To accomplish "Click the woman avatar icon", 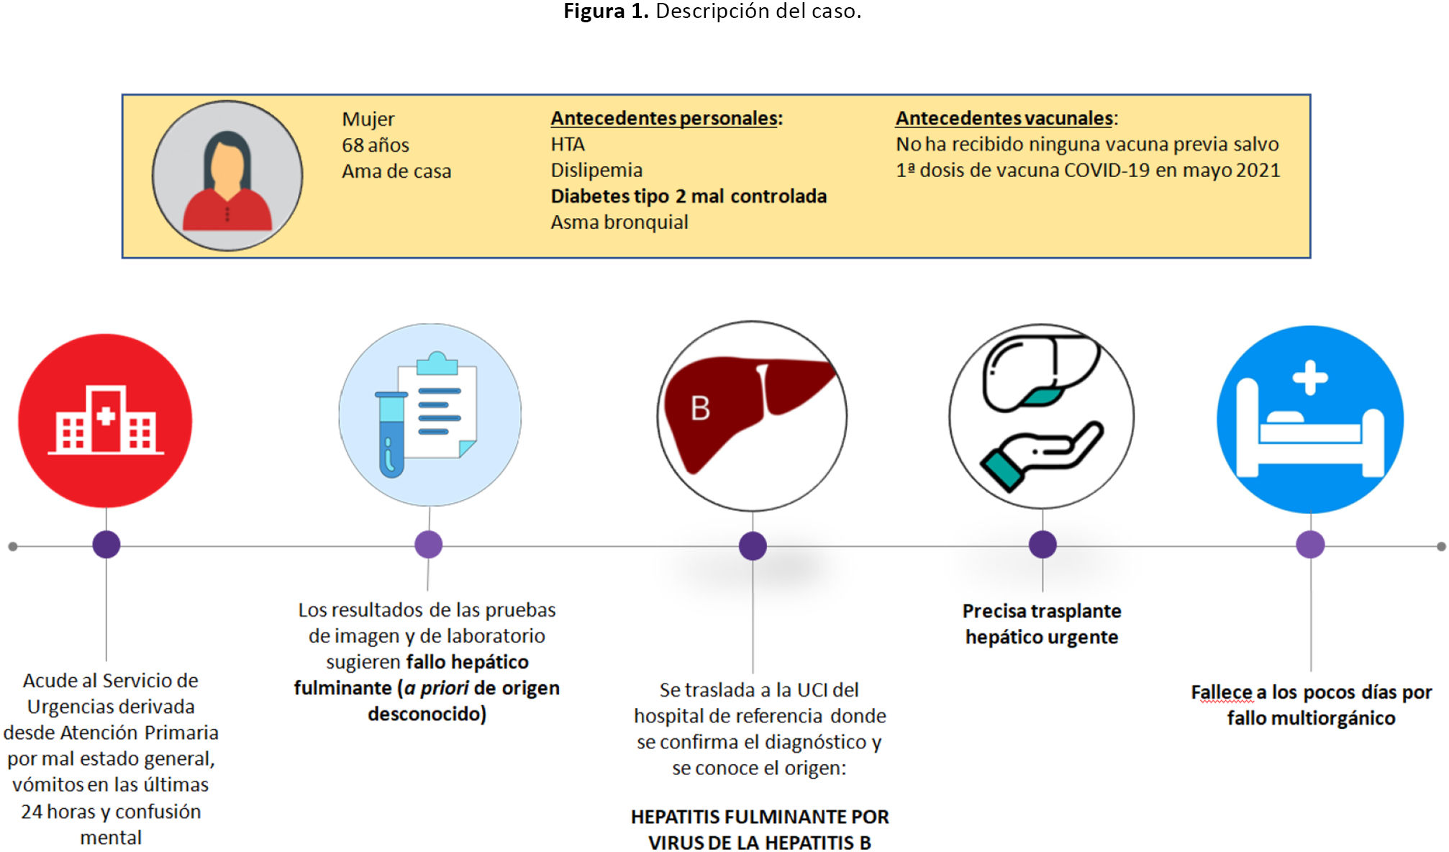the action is click(227, 176).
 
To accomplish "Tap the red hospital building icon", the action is click(106, 420).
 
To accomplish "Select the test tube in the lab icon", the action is click(391, 435).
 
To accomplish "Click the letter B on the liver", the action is click(700, 409).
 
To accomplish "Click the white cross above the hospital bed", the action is click(1310, 378).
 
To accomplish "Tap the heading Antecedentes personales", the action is click(666, 118).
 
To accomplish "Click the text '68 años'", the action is click(375, 145).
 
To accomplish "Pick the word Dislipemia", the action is click(596, 171).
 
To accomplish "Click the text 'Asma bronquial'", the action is click(619, 222).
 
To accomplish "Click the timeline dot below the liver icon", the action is click(753, 545).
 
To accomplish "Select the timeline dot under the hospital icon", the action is click(106, 545).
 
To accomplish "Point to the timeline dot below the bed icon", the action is click(1310, 545).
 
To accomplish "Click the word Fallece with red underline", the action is click(1222, 692).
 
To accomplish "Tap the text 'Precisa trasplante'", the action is click(1042, 611).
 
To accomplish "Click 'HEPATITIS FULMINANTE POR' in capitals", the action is click(760, 817).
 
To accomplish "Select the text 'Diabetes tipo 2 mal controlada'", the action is click(689, 196).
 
